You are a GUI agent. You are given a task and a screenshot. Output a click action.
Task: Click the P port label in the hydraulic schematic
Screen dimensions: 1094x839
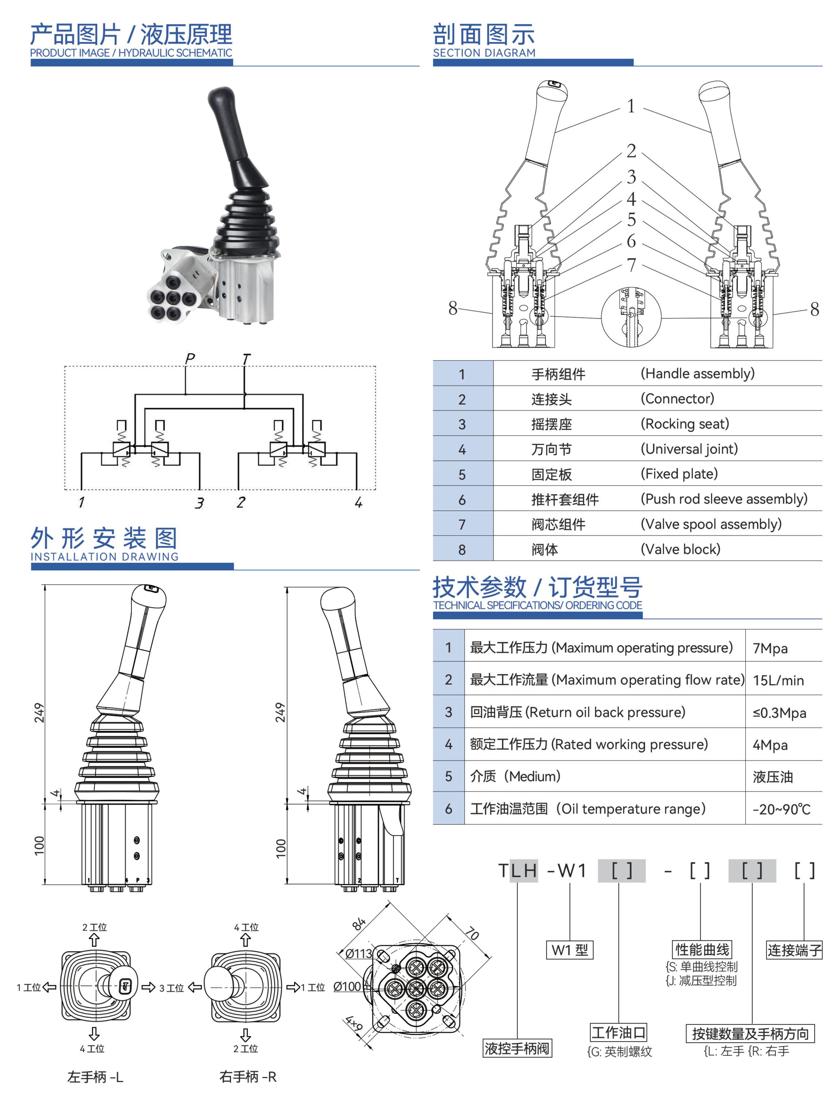tap(189, 358)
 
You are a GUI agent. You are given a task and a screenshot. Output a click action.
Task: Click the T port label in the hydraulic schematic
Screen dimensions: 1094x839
tap(246, 358)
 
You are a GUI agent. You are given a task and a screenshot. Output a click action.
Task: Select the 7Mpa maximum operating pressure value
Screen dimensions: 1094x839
tap(770, 648)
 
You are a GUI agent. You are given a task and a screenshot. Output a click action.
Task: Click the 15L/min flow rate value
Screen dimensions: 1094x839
tap(778, 680)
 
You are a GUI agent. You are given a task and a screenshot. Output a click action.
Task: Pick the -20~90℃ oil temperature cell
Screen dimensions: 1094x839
tap(781, 809)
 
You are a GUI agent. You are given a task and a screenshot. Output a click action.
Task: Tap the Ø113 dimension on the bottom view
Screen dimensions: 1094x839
tap(359, 953)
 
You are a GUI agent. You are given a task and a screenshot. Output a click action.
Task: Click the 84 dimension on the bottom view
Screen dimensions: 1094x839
tap(359, 923)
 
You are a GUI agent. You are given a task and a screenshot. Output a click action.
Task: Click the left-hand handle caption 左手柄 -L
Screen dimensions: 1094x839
tap(95, 1077)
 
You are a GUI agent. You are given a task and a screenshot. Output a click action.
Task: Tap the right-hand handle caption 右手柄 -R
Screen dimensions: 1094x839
tap(248, 1076)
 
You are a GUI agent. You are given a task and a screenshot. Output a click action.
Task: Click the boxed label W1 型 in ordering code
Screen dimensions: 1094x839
tap(569, 950)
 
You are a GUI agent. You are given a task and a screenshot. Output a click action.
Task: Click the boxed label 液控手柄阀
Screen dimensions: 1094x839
tap(517, 1048)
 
